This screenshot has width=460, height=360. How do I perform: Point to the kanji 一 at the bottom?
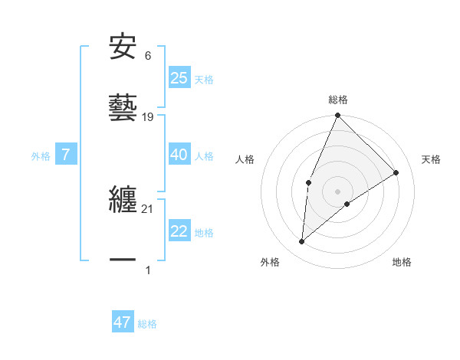pos(123,260)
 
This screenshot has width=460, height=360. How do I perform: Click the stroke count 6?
pos(148,56)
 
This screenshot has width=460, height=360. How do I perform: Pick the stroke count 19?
pos(149,117)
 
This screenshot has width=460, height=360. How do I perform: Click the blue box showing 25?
pos(179,78)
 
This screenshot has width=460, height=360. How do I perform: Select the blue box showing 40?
pos(179,155)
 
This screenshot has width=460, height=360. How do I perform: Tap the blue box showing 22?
pos(179,231)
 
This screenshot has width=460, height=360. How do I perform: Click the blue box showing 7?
pos(66,155)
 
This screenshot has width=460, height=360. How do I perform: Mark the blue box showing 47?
pos(123,322)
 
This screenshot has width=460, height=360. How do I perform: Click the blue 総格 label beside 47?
pos(147,324)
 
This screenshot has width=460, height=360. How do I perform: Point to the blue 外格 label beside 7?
pos(41,156)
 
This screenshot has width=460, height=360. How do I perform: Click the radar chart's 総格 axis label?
pos(338,100)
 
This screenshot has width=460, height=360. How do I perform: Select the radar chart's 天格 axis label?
pos(431,159)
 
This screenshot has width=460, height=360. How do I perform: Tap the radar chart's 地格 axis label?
pos(402,262)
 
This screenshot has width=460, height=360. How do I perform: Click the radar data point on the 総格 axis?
pos(337,116)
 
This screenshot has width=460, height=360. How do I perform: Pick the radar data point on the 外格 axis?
pos(302,241)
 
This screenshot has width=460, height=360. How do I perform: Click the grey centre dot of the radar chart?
pos(337,191)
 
